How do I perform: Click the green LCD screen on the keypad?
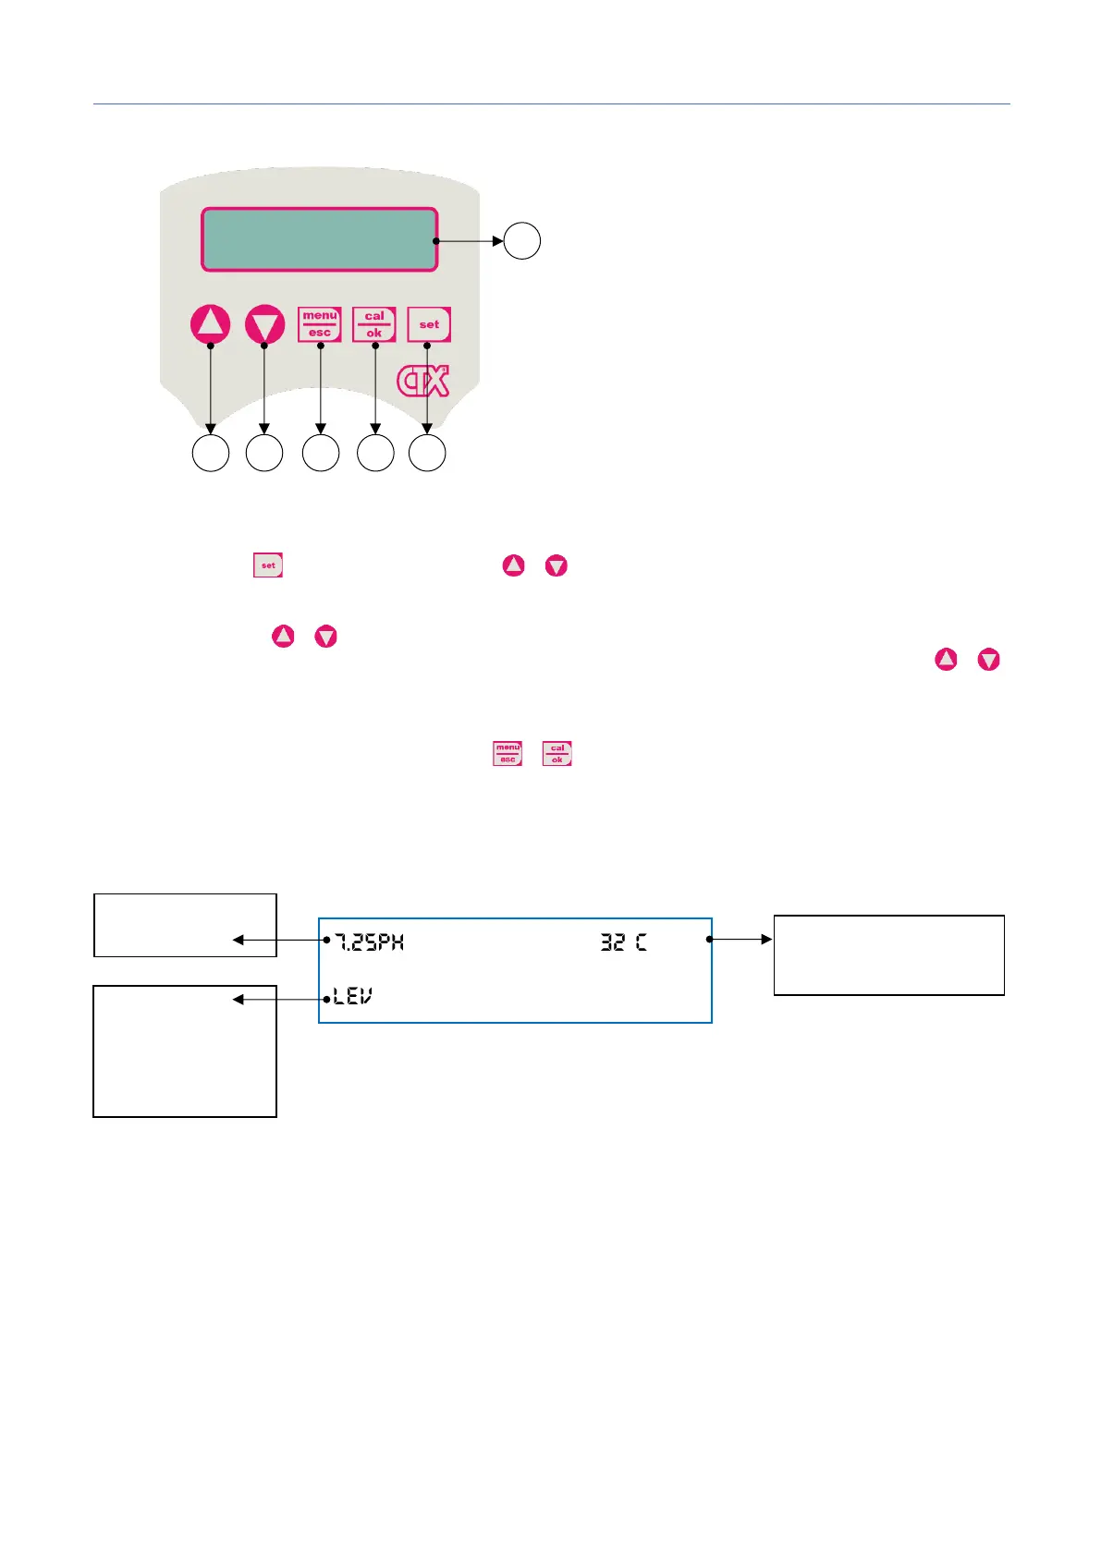pos(319,239)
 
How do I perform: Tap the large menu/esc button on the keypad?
pos(320,324)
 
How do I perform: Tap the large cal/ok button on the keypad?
pos(374,324)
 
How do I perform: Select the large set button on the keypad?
pos(429,324)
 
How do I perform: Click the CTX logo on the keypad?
pos(423,381)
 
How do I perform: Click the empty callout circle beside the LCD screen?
pos(522,241)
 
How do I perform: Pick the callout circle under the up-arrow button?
pos(211,454)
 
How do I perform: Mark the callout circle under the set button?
pos(427,454)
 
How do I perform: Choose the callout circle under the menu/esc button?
pos(321,454)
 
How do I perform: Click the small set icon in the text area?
pos(268,565)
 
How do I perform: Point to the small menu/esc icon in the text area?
pos(508,754)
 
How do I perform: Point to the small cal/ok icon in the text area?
pos(557,754)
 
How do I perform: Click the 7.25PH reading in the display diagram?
pos(369,942)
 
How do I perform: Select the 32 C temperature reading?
pos(624,942)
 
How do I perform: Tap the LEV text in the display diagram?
pos(352,997)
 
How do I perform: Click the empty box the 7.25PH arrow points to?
pos(185,925)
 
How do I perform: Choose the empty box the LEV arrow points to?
pos(185,1051)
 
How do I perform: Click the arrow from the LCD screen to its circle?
pos(470,241)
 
